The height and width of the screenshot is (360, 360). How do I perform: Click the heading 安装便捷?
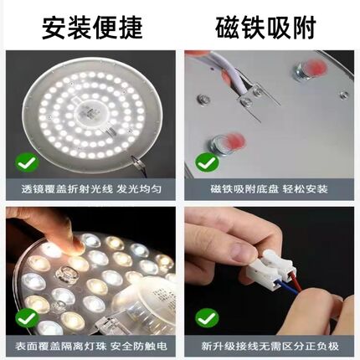[90, 25]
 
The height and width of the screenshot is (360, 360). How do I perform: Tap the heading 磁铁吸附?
[270, 25]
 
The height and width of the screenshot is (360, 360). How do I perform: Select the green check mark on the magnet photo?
[205, 162]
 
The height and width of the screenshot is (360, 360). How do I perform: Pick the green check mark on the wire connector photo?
[205, 319]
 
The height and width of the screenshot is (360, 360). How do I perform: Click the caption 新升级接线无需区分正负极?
[270, 347]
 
